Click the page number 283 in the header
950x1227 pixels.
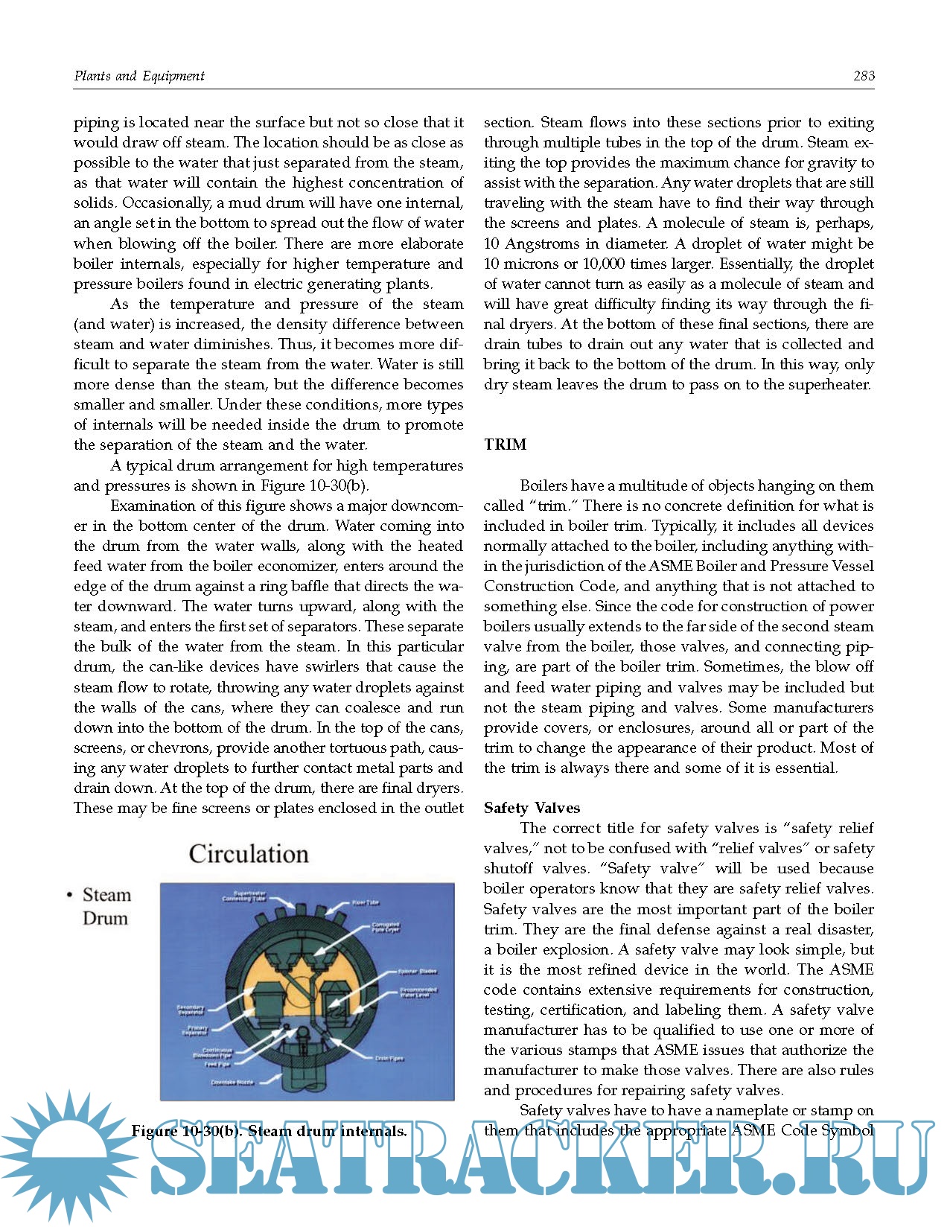(864, 75)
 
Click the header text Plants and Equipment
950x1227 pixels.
(139, 75)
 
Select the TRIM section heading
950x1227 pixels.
(505, 444)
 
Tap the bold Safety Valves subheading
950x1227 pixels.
(532, 808)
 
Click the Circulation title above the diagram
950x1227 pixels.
(249, 853)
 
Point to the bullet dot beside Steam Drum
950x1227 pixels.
(69, 896)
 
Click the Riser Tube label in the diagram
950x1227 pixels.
(365, 902)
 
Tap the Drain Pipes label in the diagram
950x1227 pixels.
(389, 1058)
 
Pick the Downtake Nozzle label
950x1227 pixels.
(232, 1082)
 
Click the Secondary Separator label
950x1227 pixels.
(191, 1010)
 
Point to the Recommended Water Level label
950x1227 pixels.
(418, 992)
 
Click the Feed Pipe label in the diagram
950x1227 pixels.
(217, 1064)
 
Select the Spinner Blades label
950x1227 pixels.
(417, 972)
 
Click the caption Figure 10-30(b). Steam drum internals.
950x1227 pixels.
(269, 1132)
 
